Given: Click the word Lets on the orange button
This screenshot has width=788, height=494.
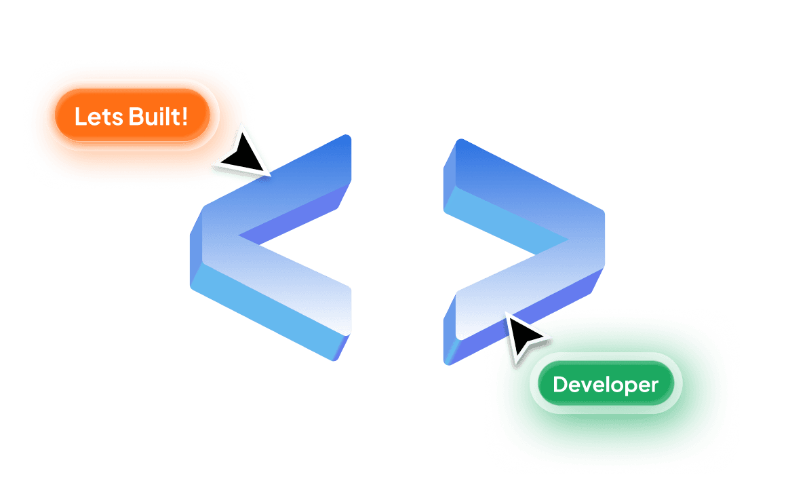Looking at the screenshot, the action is coord(98,117).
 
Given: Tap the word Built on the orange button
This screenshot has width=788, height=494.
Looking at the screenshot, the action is coord(153,116).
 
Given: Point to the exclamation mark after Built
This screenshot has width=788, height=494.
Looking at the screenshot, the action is coord(184,116).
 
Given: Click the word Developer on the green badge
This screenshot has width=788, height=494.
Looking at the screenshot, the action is coord(605,385).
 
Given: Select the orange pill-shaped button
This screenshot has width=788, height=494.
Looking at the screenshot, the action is coord(132,115).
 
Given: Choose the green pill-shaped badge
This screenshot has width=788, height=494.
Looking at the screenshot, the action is coord(606,383).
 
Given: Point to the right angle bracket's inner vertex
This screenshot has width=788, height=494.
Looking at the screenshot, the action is coord(568,240).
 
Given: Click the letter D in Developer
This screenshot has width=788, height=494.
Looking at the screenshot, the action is coord(560,384).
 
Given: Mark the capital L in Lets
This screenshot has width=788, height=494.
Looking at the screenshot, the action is coord(81,117).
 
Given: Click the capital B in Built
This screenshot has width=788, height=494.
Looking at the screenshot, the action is coord(136,117).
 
